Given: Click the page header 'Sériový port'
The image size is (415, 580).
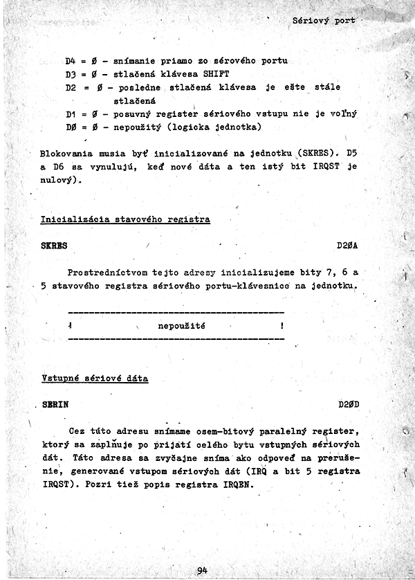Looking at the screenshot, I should click(x=324, y=21).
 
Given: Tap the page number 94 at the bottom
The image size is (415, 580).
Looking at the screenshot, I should click(x=202, y=570).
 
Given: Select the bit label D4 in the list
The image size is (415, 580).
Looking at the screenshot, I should click(x=71, y=62).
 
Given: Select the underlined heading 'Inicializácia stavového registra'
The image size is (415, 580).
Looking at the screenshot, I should click(x=125, y=219).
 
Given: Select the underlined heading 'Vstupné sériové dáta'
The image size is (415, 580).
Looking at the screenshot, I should click(x=95, y=379).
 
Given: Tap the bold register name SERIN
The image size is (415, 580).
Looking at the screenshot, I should click(x=55, y=405).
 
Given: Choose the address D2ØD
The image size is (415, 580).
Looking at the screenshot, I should click(x=347, y=405).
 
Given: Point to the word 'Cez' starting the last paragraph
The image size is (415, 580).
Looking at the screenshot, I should click(x=76, y=431).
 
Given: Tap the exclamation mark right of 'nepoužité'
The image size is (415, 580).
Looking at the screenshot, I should click(x=282, y=325).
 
